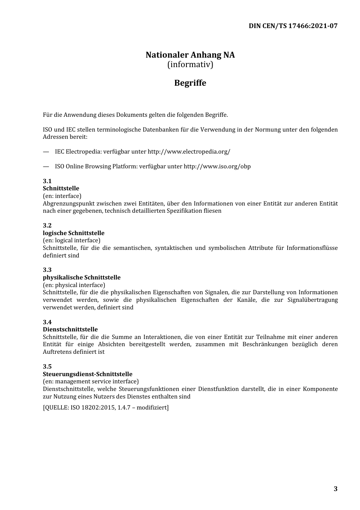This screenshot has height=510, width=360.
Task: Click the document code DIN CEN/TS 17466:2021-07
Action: (293, 26)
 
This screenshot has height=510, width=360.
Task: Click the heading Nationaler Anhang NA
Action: (190, 55)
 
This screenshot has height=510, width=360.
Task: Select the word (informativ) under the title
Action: (190, 64)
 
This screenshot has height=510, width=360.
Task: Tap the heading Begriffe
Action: (190, 83)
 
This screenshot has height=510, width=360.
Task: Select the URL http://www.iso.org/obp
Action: (217, 166)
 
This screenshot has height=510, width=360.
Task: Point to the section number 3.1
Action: (47, 181)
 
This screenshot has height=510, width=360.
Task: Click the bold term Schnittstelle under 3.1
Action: (61, 188)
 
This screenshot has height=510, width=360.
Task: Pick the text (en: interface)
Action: (62, 196)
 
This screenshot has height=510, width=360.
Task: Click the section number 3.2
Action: (47, 226)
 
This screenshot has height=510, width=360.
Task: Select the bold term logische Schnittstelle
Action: (74, 233)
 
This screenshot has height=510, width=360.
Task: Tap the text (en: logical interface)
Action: (72, 240)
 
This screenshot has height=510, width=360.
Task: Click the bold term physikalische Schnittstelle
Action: (81, 278)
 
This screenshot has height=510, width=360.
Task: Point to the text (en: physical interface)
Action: (74, 285)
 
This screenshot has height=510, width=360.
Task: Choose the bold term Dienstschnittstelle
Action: (70, 330)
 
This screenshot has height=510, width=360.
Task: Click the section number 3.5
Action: (47, 367)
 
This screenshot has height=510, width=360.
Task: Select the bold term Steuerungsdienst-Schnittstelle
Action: (88, 374)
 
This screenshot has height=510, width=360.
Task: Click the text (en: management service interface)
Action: (91, 381)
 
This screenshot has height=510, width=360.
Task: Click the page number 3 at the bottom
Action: (335, 489)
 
